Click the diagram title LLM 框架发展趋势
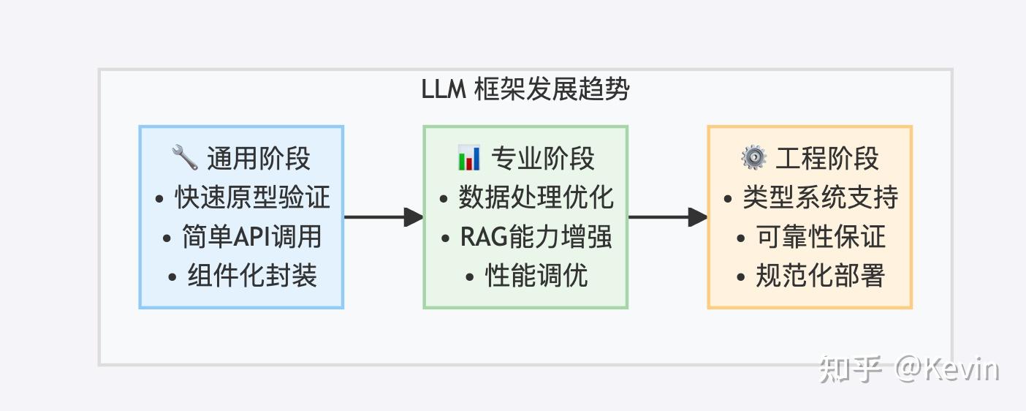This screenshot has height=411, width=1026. pyautogui.click(x=525, y=90)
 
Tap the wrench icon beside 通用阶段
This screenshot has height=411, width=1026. pyautogui.click(x=184, y=157)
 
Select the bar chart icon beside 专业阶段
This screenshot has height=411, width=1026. pyautogui.click(x=468, y=157)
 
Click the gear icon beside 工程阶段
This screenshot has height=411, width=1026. pyautogui.click(x=753, y=157)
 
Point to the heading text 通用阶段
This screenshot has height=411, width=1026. pyautogui.click(x=259, y=158)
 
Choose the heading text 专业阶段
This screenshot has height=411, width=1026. pyautogui.click(x=543, y=158)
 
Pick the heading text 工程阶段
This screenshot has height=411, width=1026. pyautogui.click(x=827, y=158)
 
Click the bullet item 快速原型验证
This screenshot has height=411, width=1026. pyautogui.click(x=252, y=197)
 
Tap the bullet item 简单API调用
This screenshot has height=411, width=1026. pyautogui.click(x=252, y=237)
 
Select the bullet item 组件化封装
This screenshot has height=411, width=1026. pyautogui.click(x=252, y=276)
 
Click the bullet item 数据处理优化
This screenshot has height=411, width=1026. pyautogui.click(x=536, y=197)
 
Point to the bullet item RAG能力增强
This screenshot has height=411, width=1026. pyautogui.click(x=536, y=237)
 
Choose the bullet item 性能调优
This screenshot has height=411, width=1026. pyautogui.click(x=536, y=276)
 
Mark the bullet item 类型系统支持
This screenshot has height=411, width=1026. pyautogui.click(x=820, y=197)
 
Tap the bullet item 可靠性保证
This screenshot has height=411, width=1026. pyautogui.click(x=820, y=237)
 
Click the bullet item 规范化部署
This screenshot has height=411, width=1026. pyautogui.click(x=820, y=276)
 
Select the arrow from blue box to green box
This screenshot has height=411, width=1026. pyautogui.click(x=383, y=217)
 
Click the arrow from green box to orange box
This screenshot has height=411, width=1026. pyautogui.click(x=667, y=217)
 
